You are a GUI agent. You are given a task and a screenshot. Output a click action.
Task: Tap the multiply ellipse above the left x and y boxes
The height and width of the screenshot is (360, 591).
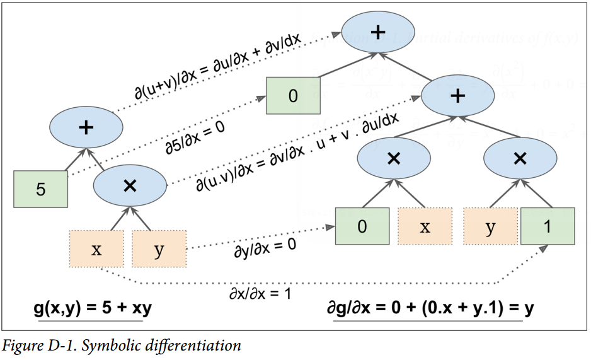click(x=130, y=185)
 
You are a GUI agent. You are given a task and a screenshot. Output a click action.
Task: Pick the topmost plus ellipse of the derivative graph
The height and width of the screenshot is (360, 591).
click(x=377, y=32)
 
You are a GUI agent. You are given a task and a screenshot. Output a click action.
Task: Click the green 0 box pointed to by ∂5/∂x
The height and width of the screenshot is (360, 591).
click(x=292, y=96)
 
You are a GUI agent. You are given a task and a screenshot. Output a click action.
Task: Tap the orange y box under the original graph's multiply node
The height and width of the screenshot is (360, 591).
click(x=159, y=249)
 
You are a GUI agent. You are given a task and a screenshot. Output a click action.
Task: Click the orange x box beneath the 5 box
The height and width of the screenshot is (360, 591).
click(x=96, y=249)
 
